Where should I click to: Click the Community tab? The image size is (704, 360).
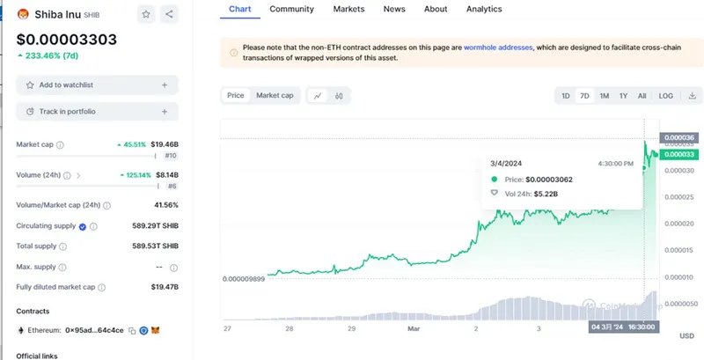coord(292,9)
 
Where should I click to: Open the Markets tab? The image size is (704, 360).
coord(349,9)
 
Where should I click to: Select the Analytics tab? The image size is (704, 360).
coord(483,9)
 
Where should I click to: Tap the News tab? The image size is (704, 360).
coord(394,9)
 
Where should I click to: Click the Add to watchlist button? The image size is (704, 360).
coord(97,84)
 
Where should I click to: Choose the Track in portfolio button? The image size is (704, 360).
coord(97,112)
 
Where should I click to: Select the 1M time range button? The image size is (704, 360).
coord(605,95)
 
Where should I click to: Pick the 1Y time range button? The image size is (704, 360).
coord(623,95)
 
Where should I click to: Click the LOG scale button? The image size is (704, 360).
coord(666,95)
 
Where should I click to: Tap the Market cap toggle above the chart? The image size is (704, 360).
coord(275,95)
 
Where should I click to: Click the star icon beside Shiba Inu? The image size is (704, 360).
coord(146,14)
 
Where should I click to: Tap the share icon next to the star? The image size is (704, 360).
coord(169,14)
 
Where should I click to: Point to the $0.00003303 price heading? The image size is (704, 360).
coord(67,40)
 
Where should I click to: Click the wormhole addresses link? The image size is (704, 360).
coord(499,48)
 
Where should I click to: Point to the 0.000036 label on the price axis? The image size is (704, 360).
coord(678,137)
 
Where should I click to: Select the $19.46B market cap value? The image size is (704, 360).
coord(165,143)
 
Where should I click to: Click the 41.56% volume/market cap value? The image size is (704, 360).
coord(165,205)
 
